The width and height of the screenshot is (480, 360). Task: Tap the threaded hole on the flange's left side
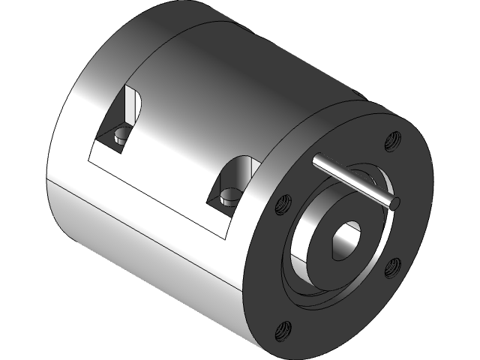283,202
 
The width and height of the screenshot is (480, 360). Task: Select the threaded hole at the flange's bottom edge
284,327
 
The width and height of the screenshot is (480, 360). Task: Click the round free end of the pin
395,202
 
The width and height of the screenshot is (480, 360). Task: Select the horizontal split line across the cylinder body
150,225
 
